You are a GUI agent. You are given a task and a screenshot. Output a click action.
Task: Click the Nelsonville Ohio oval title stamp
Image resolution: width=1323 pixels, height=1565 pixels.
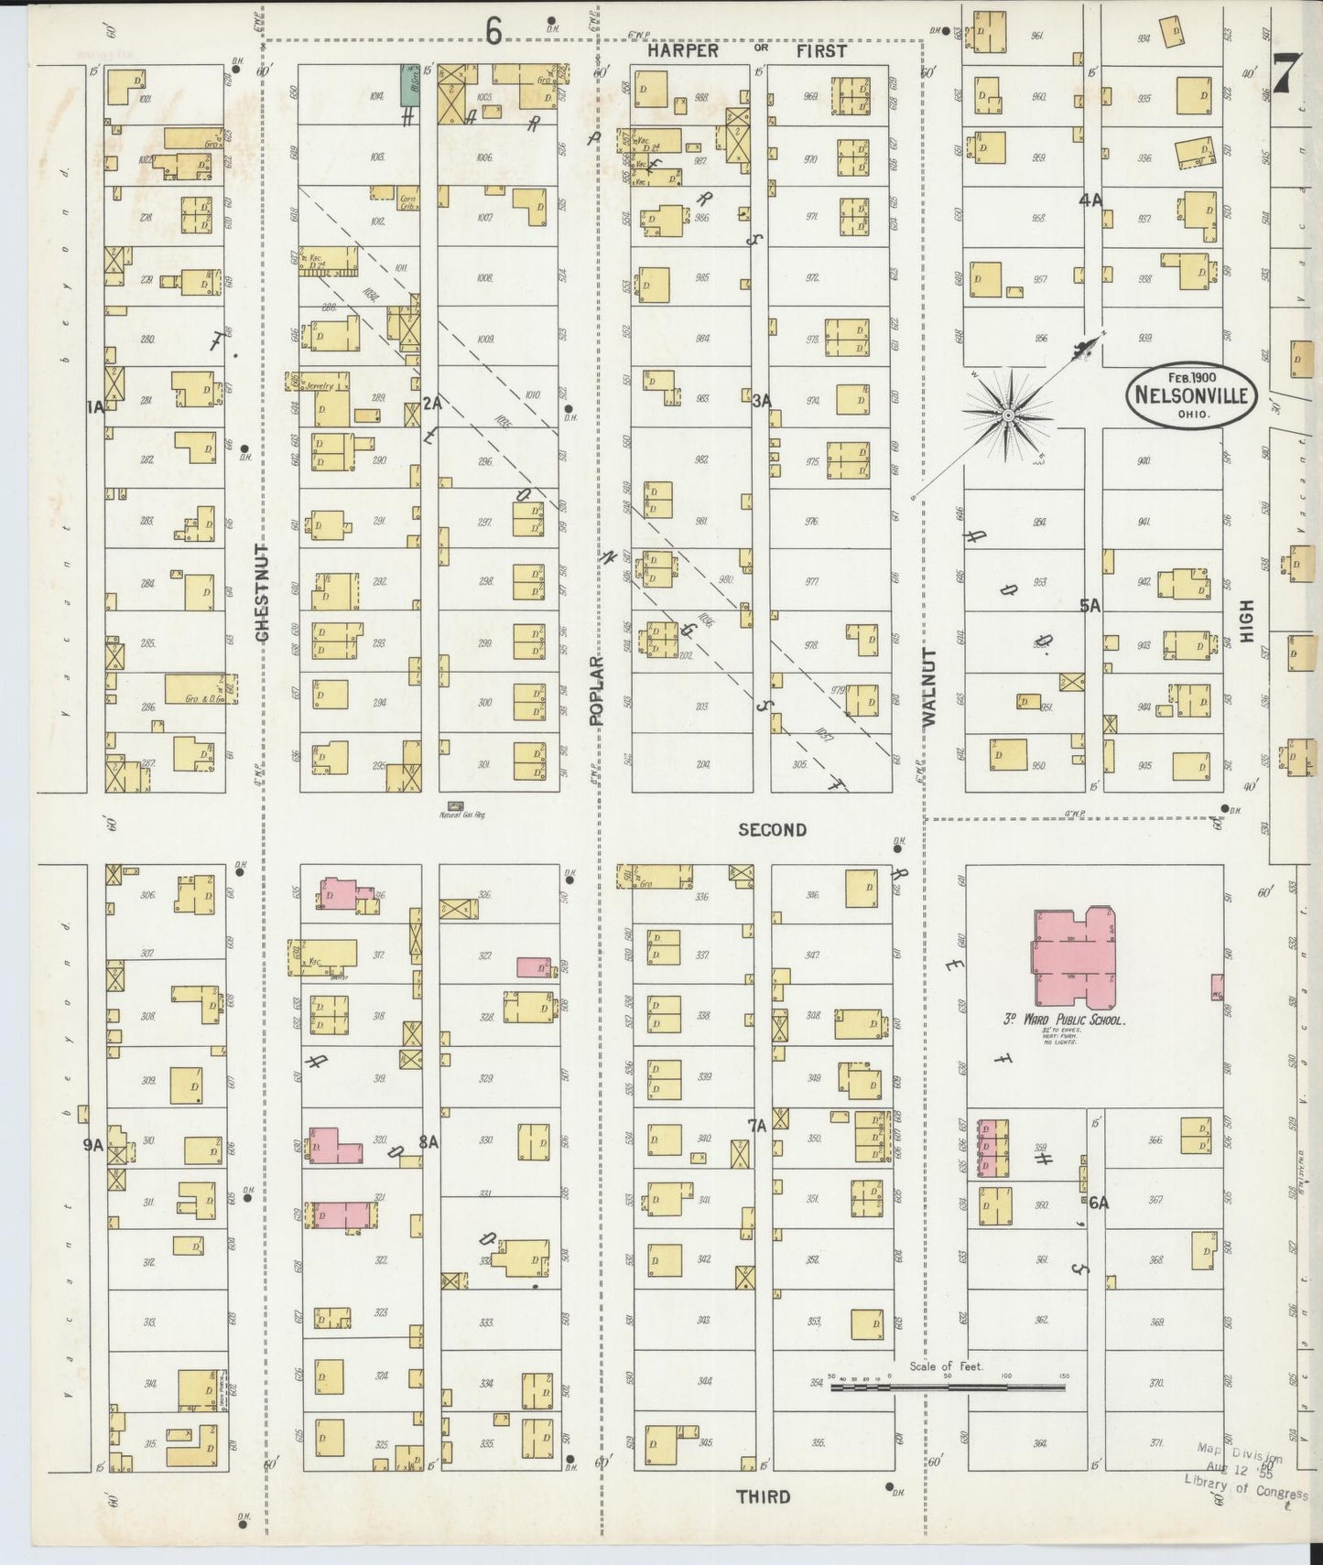click(1191, 396)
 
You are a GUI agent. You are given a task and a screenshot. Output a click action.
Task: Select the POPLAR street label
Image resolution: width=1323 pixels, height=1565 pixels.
click(596, 690)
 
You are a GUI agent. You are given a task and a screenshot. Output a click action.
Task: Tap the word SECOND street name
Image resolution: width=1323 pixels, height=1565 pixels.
click(773, 829)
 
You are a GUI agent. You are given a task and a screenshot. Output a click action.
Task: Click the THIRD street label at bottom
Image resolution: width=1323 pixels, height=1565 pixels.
click(763, 1496)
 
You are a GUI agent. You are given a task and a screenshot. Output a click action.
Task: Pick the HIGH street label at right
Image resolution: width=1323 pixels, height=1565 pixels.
click(1245, 621)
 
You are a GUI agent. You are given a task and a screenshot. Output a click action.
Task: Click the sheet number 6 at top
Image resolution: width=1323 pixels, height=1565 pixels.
click(493, 32)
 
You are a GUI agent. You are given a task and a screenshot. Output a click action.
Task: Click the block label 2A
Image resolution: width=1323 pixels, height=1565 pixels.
click(431, 402)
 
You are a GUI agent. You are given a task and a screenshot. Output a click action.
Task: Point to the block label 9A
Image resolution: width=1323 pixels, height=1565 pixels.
click(92, 1143)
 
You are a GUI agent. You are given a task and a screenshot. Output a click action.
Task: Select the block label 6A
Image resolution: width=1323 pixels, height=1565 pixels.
click(1098, 1203)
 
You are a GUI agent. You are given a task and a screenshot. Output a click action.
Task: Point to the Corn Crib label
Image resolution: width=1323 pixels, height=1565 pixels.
click(407, 199)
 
